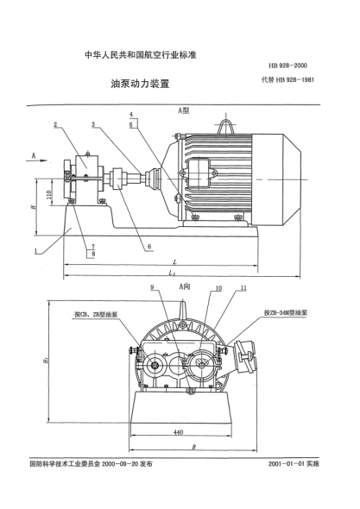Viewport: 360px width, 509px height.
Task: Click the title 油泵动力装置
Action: [x=139, y=85]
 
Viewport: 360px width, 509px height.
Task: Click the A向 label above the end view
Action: [x=183, y=286]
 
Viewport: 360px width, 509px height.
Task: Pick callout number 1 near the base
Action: [x=36, y=251]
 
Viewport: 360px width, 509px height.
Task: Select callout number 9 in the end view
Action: [x=153, y=287]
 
